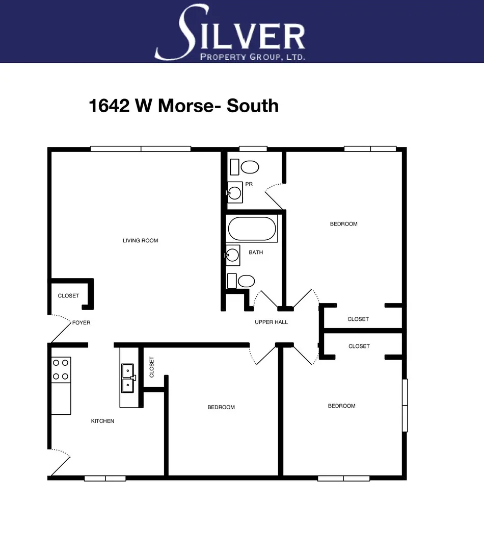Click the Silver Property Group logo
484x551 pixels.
pyautogui.click(x=230, y=32)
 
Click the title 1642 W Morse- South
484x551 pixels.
pyautogui.click(x=184, y=106)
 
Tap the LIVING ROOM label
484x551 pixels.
pyautogui.click(x=141, y=240)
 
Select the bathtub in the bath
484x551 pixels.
pyautogui.click(x=252, y=229)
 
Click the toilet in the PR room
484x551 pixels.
pyautogui.click(x=249, y=167)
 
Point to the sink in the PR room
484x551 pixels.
pyautogui.click(x=235, y=193)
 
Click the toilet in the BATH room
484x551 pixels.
pyautogui.click(x=246, y=281)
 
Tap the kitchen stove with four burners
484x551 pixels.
pyautogui.click(x=61, y=370)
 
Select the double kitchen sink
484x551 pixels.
pyautogui.click(x=127, y=378)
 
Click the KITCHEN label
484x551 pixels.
pyautogui.click(x=102, y=421)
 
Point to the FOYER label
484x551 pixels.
pyautogui.click(x=81, y=322)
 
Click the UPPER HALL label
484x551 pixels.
pyautogui.click(x=271, y=322)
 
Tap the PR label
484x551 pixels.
pyautogui.click(x=249, y=184)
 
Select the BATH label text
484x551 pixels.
pyautogui.click(x=256, y=252)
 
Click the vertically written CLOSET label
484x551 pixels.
pyautogui.click(x=152, y=366)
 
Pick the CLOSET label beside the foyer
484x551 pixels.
pyautogui.click(x=68, y=296)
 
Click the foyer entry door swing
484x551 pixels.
pyautogui.click(x=60, y=329)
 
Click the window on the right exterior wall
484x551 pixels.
pyautogui.click(x=405, y=405)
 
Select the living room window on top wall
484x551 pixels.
pyautogui.click(x=141, y=149)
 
